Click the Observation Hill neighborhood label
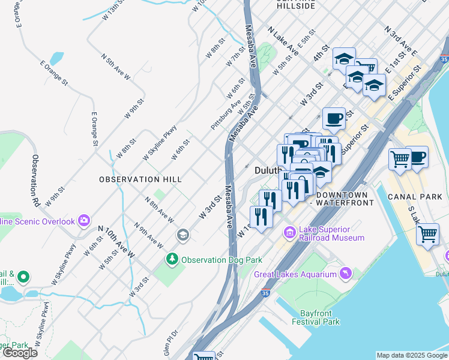[136, 179]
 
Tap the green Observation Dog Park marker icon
[172, 260]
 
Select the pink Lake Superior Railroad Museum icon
[290, 232]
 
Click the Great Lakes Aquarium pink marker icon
[345, 274]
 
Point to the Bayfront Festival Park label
[316, 317]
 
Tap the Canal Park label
[415, 197]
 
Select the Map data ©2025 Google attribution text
[412, 355]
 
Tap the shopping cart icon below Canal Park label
[427, 233]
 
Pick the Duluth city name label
[268, 170]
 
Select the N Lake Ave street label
[283, 41]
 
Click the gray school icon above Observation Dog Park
[182, 235]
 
